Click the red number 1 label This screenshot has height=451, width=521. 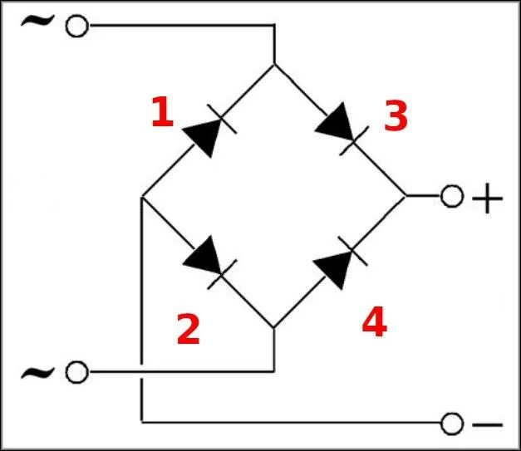pyautogui.click(x=161, y=113)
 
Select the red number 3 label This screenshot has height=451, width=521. pyautogui.click(x=396, y=118)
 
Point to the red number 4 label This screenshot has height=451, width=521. pyautogui.click(x=374, y=323)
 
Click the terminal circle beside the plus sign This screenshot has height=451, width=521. pyautogui.click(x=451, y=197)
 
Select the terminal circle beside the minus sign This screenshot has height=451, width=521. pyautogui.click(x=451, y=424)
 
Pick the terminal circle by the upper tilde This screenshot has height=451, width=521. pyautogui.click(x=76, y=27)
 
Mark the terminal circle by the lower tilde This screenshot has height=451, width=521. pyautogui.click(x=76, y=372)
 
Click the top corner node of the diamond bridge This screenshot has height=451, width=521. pyautogui.click(x=273, y=65)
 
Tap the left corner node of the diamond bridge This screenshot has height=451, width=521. pyautogui.click(x=142, y=197)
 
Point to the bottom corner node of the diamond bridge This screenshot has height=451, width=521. pyautogui.click(x=273, y=328)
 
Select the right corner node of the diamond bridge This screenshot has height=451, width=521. pyautogui.click(x=405, y=197)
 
